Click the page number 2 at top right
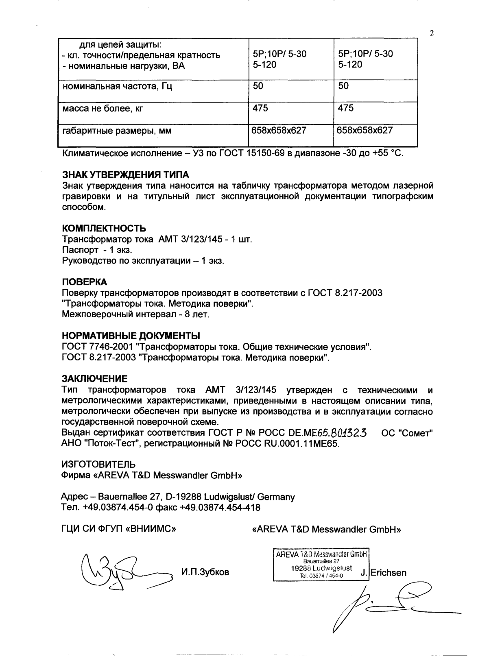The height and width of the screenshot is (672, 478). point(432,33)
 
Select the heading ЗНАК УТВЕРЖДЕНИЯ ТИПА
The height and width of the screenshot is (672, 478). point(125,175)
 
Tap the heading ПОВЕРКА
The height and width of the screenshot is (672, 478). point(85,282)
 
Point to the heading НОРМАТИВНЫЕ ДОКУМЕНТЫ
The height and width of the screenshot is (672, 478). point(131,336)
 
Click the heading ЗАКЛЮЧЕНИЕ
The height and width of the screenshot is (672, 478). point(94,379)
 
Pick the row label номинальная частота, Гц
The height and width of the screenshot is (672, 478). point(117,87)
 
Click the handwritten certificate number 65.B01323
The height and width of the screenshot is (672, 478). point(344,433)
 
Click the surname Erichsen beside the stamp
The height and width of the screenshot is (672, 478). point(388,573)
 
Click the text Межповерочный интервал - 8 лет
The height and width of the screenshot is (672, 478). point(135,314)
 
